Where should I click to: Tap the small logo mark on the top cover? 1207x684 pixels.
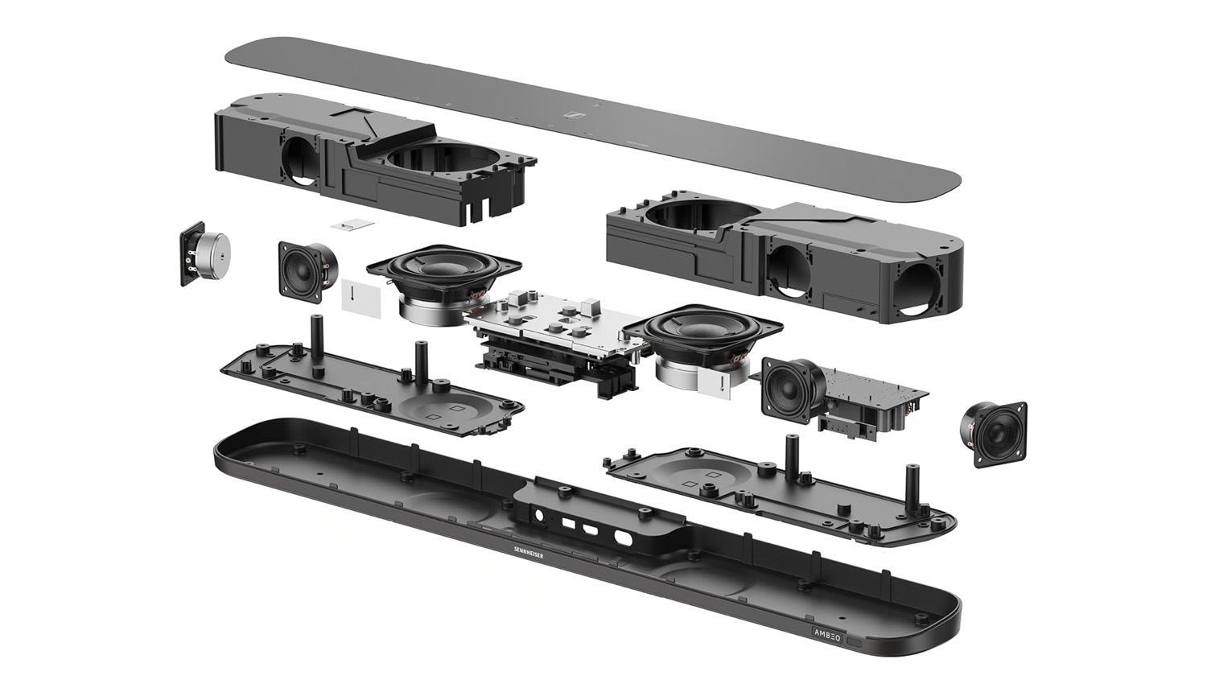[x=574, y=116]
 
